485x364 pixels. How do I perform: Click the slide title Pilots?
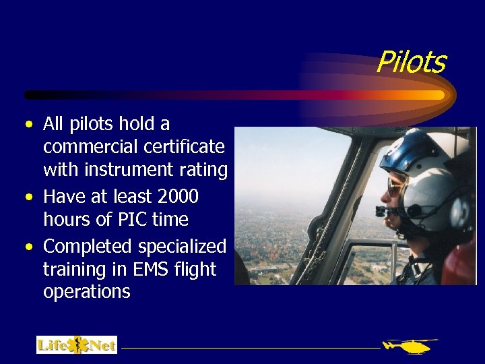coord(411,62)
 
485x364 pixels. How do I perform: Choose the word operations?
coord(86,292)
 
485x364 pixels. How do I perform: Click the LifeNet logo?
coord(76,345)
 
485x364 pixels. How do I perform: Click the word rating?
coord(205,169)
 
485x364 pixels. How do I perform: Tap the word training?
coord(73,270)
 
